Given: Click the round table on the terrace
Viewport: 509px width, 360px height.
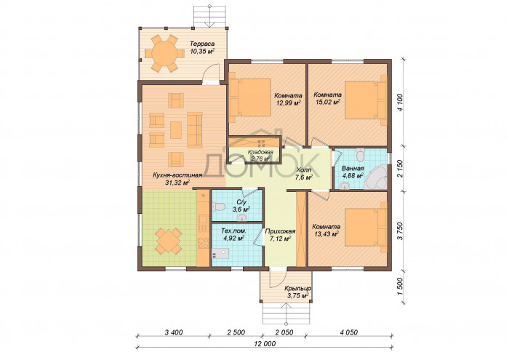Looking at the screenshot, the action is click(165, 53).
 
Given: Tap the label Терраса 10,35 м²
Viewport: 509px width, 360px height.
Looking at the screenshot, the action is click(202, 47).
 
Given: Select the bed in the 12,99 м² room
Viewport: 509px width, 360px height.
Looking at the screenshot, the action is click(249, 97).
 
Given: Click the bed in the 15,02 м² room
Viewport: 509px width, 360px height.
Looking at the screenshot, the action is click(366, 100).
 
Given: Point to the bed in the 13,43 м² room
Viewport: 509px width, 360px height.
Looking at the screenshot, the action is click(366, 227).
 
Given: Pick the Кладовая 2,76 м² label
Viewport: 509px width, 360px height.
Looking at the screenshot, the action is click(260, 155).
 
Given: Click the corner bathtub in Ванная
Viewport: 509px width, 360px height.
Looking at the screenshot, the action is click(376, 177).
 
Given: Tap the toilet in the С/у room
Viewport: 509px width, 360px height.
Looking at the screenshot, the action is click(218, 207).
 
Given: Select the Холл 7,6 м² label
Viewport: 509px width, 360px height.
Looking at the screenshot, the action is click(304, 174).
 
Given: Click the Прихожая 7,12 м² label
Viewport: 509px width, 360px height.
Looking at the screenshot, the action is click(280, 235).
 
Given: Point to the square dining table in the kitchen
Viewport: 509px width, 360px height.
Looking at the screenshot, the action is click(168, 241).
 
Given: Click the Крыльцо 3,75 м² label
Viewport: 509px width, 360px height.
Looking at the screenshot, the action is click(298, 292).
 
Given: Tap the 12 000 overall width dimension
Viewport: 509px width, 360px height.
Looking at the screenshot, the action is click(265, 344).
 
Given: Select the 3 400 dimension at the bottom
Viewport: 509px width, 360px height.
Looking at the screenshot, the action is click(174, 332).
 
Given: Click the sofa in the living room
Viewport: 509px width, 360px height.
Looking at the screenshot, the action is click(194, 130).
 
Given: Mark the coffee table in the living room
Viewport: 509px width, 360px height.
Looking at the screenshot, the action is click(176, 130).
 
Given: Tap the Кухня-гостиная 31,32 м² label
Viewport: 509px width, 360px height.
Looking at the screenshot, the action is click(177, 179).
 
